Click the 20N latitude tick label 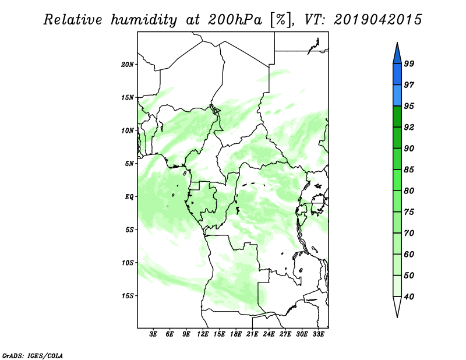click(128, 65)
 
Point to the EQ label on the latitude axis click(129, 197)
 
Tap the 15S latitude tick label click(128, 296)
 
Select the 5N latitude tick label click(129, 164)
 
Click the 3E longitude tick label click(153, 334)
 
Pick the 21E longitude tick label click(252, 334)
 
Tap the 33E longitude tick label click(318, 334)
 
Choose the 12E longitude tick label click(203, 334)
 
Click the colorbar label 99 click(409, 63)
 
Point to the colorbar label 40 click(409, 297)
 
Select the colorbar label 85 click(409, 170)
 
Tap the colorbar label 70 click(409, 233)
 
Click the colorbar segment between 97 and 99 click(397, 75)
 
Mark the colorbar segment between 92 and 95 click(397, 117)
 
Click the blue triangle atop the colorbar click(397, 54)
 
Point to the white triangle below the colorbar click(397, 306)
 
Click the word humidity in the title click(144, 20)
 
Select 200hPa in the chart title click(235, 20)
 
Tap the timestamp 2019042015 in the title click(378, 20)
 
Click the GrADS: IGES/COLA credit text click(33, 355)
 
